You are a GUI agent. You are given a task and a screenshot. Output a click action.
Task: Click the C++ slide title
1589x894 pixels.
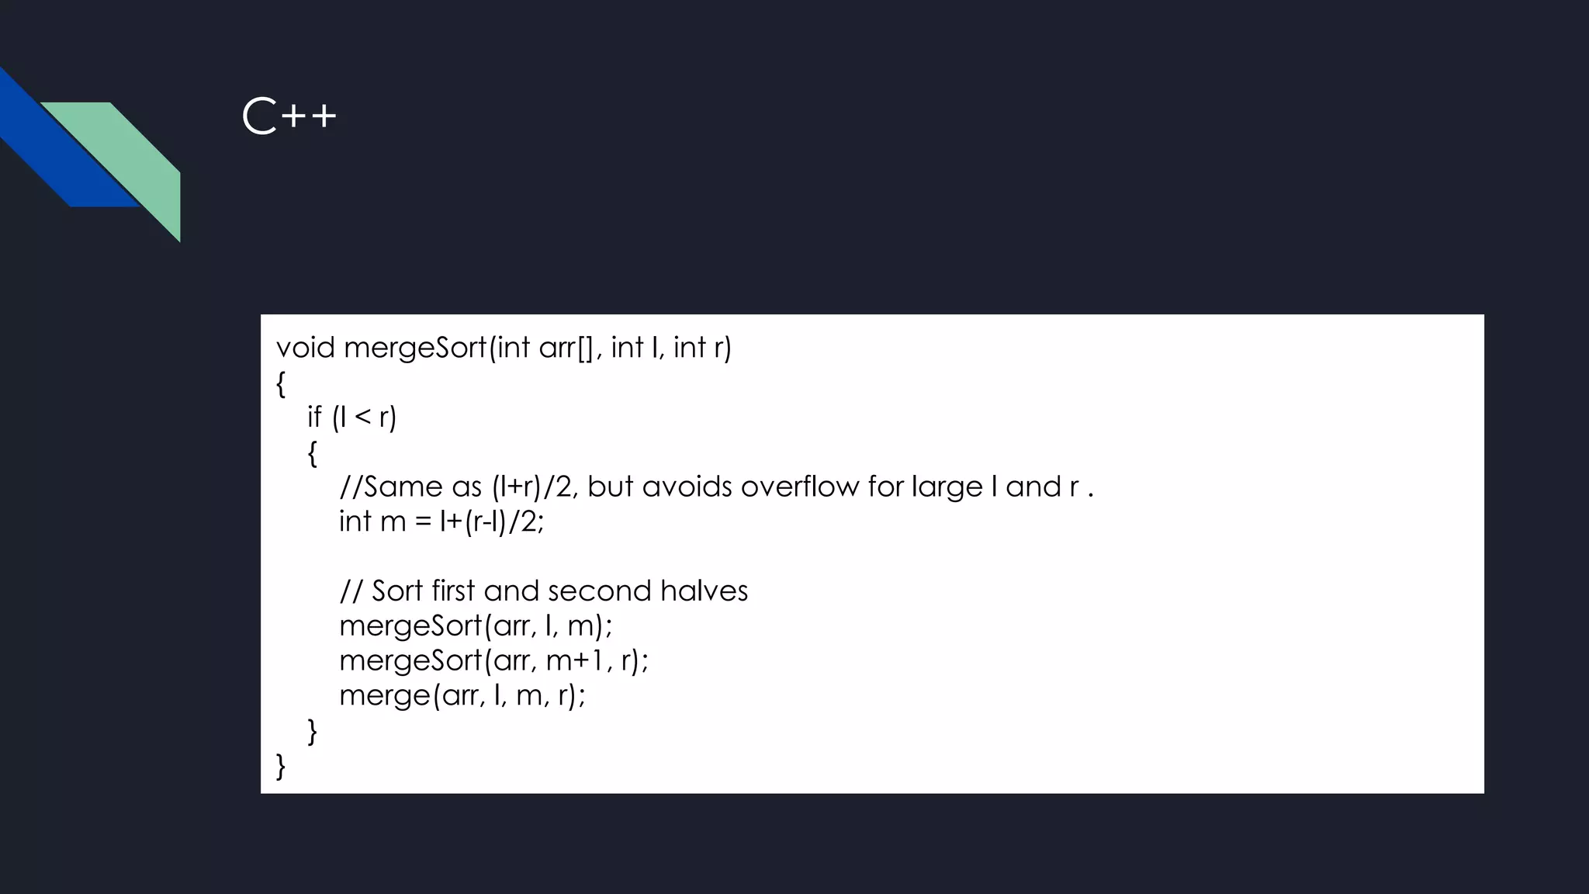(x=289, y=117)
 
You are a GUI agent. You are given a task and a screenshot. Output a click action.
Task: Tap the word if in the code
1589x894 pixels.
(x=314, y=417)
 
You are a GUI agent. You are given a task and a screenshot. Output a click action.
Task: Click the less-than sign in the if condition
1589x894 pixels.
(x=362, y=417)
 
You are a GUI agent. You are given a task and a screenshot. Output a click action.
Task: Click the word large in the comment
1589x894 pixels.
(x=947, y=487)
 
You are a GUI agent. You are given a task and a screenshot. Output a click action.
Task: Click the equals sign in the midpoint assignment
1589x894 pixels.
(x=423, y=521)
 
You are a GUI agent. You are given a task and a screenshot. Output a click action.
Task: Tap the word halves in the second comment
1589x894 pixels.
(x=704, y=591)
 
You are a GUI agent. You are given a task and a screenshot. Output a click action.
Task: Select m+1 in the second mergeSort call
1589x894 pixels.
(x=579, y=660)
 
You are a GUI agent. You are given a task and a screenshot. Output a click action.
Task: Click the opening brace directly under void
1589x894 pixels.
(x=281, y=383)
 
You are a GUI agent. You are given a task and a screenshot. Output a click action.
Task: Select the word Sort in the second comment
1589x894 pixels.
(x=397, y=591)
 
